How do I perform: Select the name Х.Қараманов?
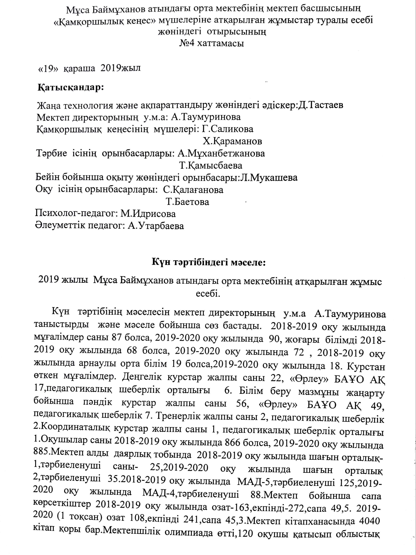[x=232, y=141]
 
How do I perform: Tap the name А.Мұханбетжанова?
[x=221, y=153]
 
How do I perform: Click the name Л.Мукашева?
[x=269, y=178]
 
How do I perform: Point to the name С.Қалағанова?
[x=193, y=190]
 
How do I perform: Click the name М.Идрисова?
[x=148, y=214]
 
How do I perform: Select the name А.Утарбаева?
[x=156, y=226]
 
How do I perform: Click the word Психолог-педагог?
[x=75, y=214]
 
